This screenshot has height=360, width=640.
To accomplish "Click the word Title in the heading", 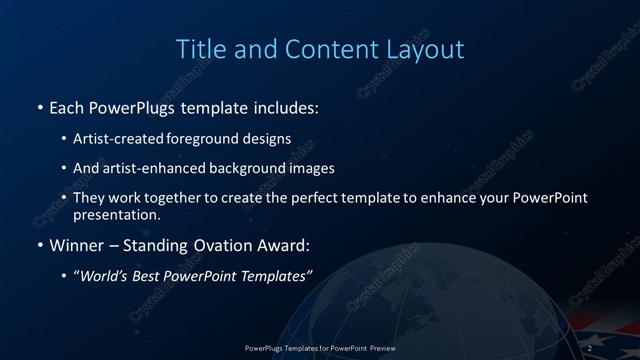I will click(200, 48).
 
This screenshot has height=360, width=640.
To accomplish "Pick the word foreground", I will click(211, 139).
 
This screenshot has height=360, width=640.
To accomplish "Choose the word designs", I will click(268, 139).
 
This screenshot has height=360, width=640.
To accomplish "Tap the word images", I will click(309, 168).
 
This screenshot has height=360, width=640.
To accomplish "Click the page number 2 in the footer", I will click(590, 347).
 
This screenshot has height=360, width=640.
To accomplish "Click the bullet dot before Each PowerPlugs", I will click(39, 106).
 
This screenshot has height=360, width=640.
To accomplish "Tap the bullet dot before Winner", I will click(39, 245).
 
